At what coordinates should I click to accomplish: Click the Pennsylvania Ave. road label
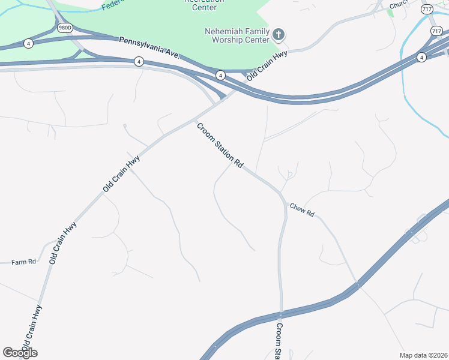point(149,47)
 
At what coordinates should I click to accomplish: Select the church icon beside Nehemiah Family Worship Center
point(278,34)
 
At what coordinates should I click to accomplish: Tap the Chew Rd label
point(302,209)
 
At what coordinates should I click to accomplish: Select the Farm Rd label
point(24,262)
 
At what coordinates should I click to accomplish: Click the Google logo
point(20,352)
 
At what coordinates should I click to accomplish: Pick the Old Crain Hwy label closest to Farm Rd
point(64,243)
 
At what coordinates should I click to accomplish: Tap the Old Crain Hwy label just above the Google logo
point(32,329)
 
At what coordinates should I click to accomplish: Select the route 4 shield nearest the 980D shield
point(28,43)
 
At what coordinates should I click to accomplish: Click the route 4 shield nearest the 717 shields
point(422,57)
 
